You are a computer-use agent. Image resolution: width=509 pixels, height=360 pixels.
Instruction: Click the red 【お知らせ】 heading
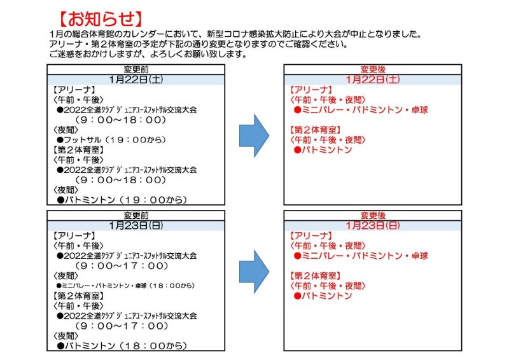click(x=101, y=18)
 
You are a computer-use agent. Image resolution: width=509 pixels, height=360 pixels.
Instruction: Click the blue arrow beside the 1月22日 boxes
click(x=254, y=135)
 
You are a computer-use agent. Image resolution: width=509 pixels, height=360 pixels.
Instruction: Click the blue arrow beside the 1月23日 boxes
click(x=254, y=272)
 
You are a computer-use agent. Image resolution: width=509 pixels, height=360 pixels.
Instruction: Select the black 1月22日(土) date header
click(x=136, y=80)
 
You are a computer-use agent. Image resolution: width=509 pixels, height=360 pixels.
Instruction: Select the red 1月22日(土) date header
click(x=373, y=80)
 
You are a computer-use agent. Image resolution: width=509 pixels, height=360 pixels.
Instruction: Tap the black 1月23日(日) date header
click(x=136, y=225)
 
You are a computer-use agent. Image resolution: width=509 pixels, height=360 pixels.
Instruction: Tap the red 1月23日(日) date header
click(x=373, y=225)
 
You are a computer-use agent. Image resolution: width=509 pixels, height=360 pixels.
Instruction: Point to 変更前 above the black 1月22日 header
click(x=136, y=69)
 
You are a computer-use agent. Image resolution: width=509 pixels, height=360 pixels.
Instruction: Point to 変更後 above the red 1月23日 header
click(x=373, y=216)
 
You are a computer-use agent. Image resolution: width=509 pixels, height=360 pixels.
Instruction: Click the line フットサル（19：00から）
click(x=112, y=140)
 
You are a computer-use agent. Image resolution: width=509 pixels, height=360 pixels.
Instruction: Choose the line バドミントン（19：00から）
click(x=122, y=200)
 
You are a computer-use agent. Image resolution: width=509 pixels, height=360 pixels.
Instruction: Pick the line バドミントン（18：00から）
click(x=122, y=346)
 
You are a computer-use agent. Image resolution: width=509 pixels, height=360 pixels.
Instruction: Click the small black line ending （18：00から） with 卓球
click(x=125, y=286)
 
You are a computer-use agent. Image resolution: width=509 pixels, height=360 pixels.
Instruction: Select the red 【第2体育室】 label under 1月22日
click(x=315, y=130)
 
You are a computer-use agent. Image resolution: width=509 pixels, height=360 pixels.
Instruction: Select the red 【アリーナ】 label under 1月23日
click(x=310, y=236)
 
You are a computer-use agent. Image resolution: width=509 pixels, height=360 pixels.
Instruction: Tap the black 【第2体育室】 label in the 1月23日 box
click(x=78, y=296)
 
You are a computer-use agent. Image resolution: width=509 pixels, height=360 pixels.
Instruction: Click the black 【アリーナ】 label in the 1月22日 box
click(x=74, y=90)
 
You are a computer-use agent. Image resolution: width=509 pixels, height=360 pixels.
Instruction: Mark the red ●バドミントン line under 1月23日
click(x=323, y=296)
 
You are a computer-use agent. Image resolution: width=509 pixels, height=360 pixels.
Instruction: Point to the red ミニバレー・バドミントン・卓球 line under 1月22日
click(x=361, y=110)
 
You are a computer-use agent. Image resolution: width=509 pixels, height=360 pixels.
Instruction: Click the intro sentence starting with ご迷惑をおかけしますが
click(x=148, y=54)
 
